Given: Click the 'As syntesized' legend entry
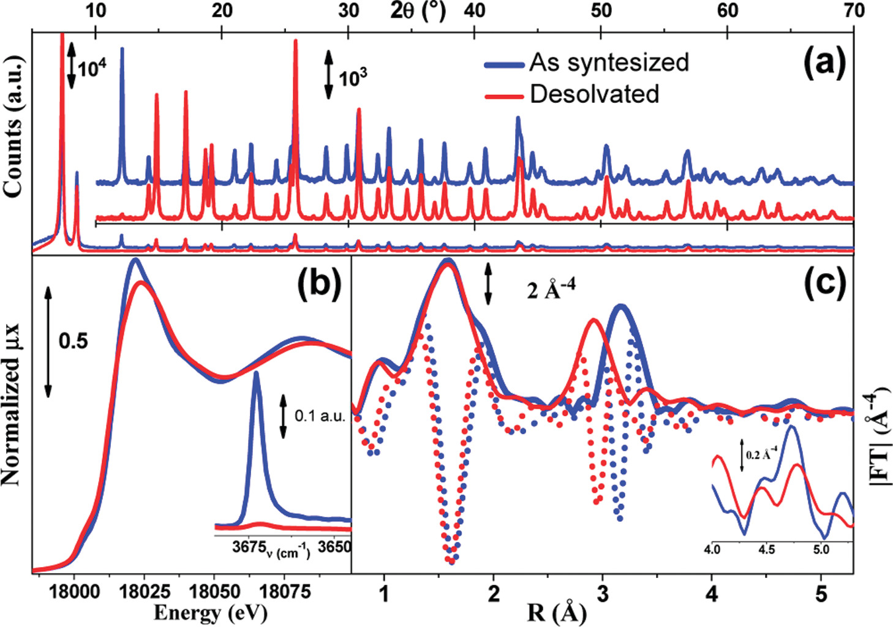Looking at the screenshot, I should (609, 62).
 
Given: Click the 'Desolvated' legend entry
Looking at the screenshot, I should (594, 94).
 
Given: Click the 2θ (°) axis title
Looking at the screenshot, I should (418, 10).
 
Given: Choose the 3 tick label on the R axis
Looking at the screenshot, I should (603, 593).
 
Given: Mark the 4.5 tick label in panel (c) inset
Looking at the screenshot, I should (766, 549).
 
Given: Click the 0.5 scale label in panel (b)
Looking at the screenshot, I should (73, 342).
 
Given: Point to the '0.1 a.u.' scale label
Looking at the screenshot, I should (320, 416).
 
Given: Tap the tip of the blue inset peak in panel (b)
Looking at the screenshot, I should (256, 373).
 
